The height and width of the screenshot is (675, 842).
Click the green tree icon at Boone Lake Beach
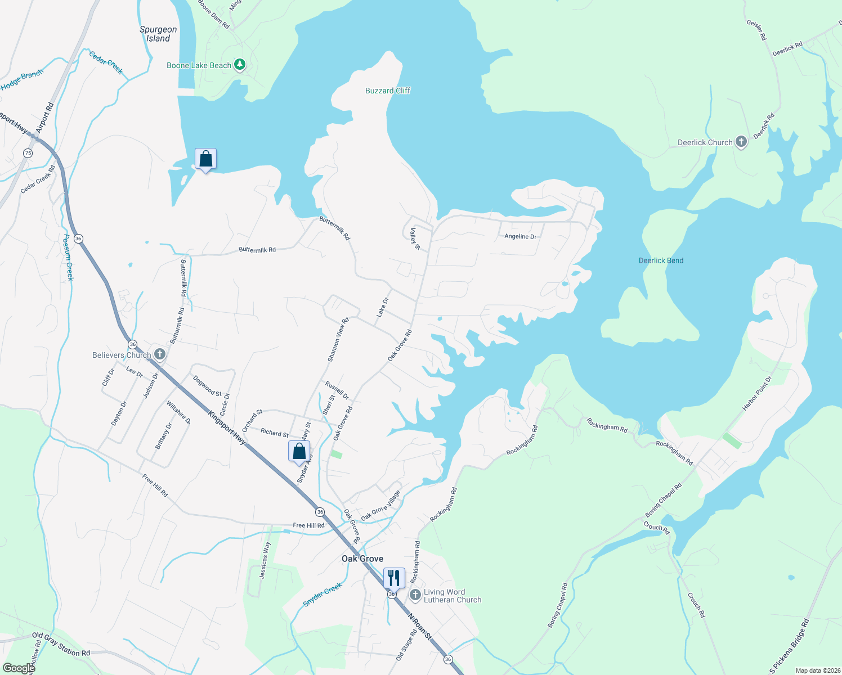240,65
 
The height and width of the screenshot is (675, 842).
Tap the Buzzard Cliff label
388,91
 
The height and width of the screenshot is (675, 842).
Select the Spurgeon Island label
158,34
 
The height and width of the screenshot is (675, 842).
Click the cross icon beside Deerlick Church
741,142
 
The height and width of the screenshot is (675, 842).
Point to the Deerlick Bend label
661,260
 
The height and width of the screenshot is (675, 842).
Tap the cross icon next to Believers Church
160,354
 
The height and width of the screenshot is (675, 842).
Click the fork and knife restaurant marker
393,578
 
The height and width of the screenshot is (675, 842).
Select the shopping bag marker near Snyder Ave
299,451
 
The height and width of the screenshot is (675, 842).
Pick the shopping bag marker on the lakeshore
205,159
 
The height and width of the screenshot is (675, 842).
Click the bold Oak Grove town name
362,559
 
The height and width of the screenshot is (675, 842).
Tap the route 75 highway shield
28,153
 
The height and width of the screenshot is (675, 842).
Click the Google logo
19,668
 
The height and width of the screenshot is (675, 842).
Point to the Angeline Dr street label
520,236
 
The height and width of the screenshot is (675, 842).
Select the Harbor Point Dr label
757,394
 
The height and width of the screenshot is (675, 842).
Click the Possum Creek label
68,258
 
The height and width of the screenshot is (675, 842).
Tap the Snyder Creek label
323,595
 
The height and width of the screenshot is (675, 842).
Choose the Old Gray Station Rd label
61,644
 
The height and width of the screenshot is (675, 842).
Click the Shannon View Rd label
338,339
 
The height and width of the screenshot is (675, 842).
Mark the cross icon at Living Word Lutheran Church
415,595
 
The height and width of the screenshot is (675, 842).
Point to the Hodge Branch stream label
22,80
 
